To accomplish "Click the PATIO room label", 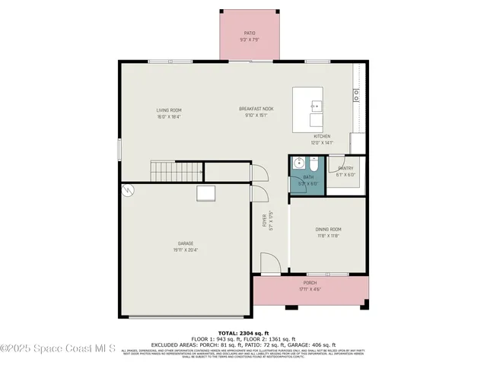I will pyautogui.click(x=250, y=33).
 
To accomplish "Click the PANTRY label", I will pyautogui.click(x=345, y=168).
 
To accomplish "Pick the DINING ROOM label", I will pyautogui.click(x=329, y=230).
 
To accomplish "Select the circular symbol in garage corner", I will pyautogui.click(x=129, y=191).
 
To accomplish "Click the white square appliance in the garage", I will pyautogui.click(x=206, y=193).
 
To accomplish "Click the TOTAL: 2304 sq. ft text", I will pyautogui.click(x=243, y=334).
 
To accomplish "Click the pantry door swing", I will pyautogui.click(x=333, y=160).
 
